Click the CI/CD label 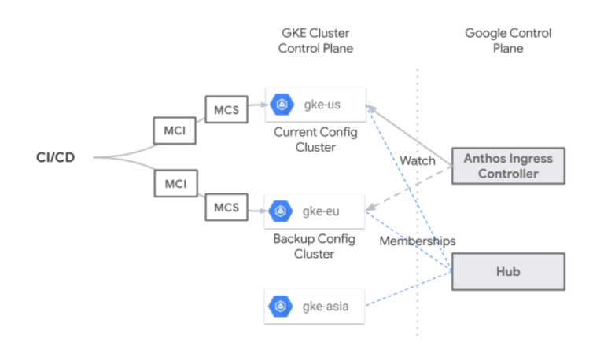tap(56, 157)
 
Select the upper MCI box tap(175, 130)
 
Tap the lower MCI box tap(175, 183)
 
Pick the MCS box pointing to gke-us tap(226, 109)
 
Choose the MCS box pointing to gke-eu tap(226, 208)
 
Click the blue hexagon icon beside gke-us tap(282, 105)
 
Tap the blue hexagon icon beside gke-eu tap(281, 211)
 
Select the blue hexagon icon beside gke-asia tap(281, 306)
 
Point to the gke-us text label tap(322, 105)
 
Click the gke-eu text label tap(321, 211)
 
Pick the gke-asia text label tap(326, 307)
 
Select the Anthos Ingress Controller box tap(508, 166)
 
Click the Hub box tap(508, 271)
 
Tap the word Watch tap(418, 160)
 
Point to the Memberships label tap(418, 241)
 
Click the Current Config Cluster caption tap(315, 140)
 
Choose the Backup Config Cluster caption tap(315, 246)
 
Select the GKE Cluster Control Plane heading tap(315, 40)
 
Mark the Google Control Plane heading tap(508, 40)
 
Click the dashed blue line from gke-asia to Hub tap(409, 288)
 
